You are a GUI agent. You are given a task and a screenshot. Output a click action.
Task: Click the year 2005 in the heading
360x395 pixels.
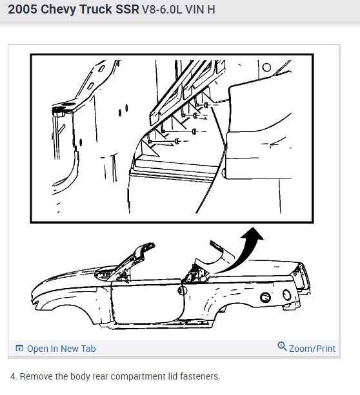tap(23, 9)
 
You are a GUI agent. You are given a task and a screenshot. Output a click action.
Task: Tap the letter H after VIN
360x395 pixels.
tap(211, 10)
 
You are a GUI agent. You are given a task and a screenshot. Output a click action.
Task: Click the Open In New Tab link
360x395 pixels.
tap(61, 349)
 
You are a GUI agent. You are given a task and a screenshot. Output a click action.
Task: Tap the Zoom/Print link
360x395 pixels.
tap(312, 349)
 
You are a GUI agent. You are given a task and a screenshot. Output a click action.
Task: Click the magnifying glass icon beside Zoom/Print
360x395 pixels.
tap(282, 347)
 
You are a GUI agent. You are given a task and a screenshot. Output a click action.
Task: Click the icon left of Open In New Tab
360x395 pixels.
tap(19, 348)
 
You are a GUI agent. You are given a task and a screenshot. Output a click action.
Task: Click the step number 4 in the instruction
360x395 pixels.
tap(13, 376)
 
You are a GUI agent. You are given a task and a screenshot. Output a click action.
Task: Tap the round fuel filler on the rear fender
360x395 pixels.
tap(265, 298)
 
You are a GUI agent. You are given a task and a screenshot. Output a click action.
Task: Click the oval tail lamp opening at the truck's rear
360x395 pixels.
tap(287, 295)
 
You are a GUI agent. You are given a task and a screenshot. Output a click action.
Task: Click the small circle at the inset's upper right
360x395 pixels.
tap(266, 67)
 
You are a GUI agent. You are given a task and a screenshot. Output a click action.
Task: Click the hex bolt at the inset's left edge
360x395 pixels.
tap(59, 113)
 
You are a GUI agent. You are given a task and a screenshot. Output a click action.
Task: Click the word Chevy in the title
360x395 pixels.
tap(58, 9)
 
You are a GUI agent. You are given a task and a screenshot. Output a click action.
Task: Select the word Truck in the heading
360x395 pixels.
tap(95, 9)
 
